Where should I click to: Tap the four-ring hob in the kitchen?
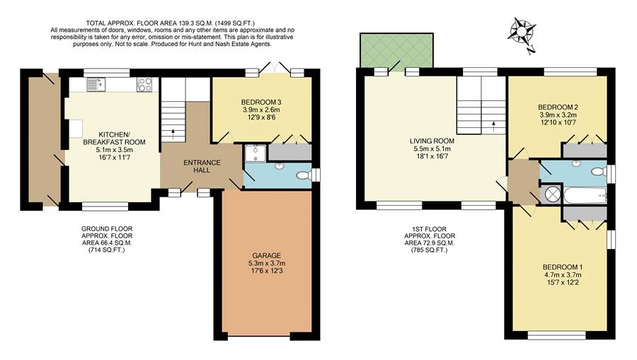click(144, 85)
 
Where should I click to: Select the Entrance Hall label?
click(202, 166)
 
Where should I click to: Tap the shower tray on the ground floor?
click(253, 154)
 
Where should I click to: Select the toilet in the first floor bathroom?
click(598, 171)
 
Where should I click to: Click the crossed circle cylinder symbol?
click(549, 194)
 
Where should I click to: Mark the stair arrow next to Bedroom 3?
click(173, 132)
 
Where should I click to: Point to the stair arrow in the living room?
click(493, 125)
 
